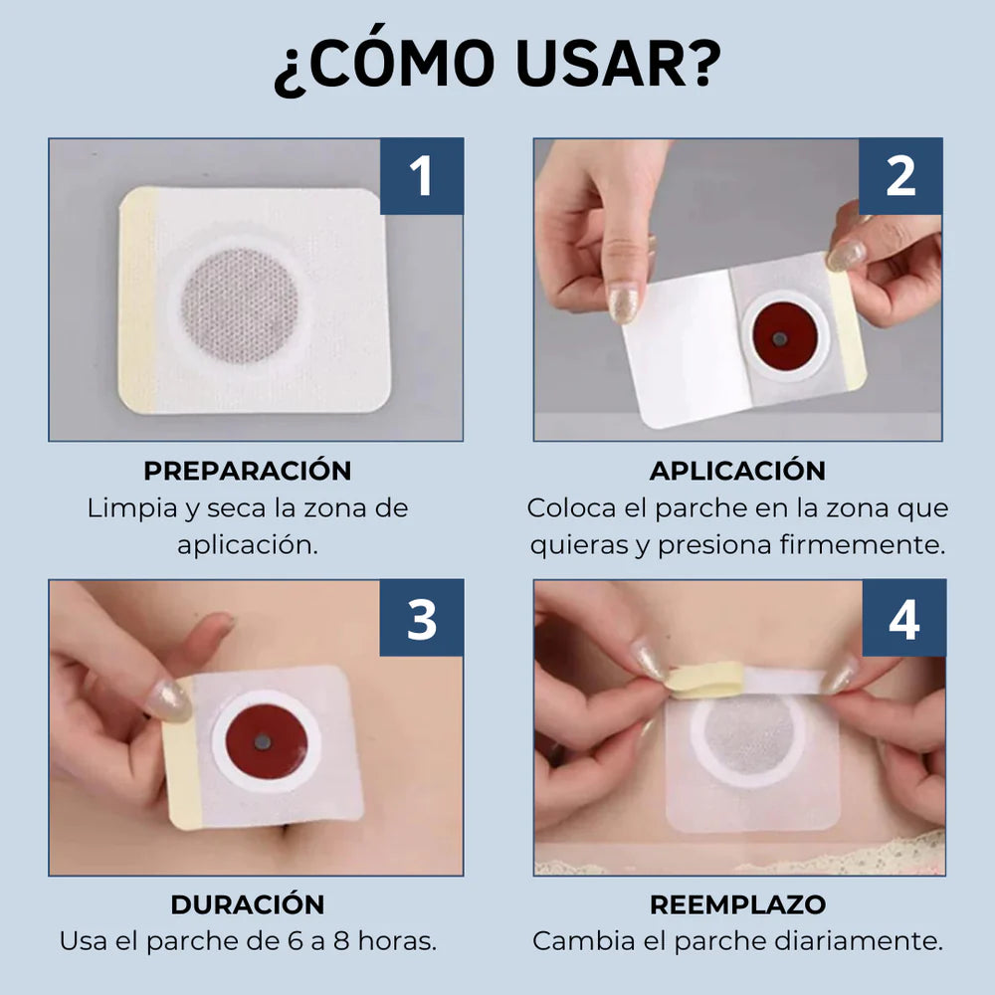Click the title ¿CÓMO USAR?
point(497,68)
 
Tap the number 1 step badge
point(421,176)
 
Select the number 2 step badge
point(900,176)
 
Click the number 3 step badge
point(421,619)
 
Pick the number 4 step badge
point(902,619)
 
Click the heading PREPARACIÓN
point(247,471)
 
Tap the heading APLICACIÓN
point(737,471)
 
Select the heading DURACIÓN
point(247,904)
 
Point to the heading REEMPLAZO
point(737,904)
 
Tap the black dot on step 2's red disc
point(780,339)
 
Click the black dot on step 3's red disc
point(263,741)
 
